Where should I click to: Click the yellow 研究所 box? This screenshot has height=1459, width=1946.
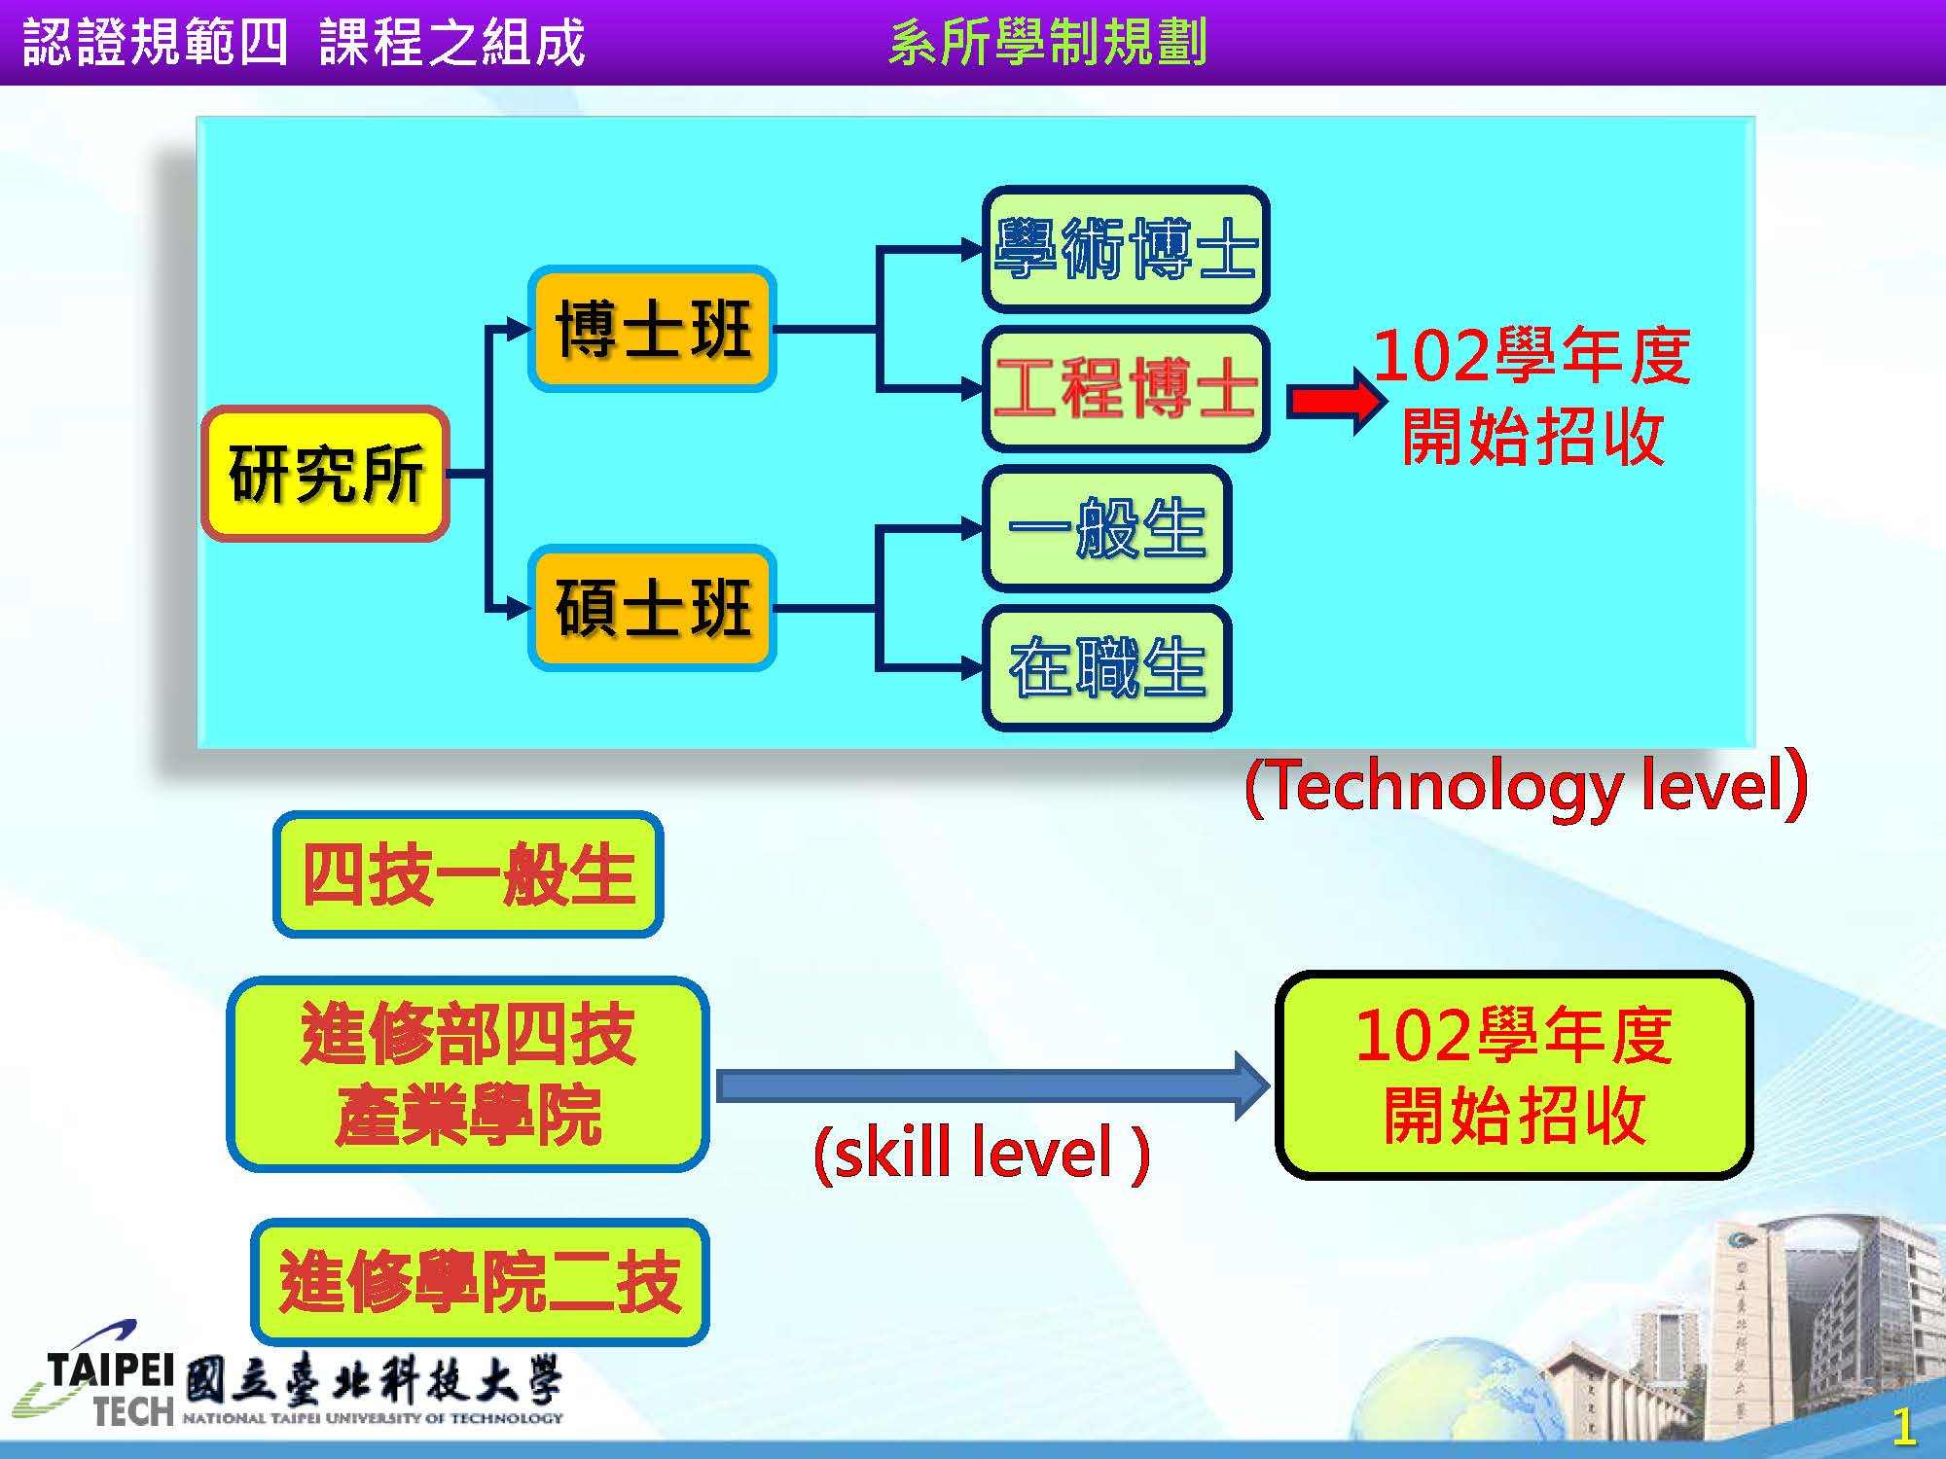coord(325,474)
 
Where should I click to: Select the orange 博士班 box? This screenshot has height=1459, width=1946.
coord(652,329)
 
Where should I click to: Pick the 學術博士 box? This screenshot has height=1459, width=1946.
coord(1126,249)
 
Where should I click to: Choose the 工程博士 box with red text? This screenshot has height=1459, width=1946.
coord(1126,389)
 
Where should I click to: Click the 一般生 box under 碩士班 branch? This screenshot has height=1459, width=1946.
coord(1106,529)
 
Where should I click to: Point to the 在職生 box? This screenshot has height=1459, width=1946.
coord(1106,668)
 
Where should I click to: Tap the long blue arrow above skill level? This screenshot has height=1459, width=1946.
coord(993,1085)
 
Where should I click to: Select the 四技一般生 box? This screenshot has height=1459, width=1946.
coord(468,874)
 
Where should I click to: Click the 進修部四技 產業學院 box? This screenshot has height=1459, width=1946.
coord(468,1075)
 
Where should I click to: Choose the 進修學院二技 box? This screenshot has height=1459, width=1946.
coord(480,1282)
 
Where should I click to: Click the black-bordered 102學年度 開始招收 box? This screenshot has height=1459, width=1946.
coord(1513,1075)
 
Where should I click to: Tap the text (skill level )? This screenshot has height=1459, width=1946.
coord(982,1154)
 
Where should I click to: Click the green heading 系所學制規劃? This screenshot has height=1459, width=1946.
coord(1048,43)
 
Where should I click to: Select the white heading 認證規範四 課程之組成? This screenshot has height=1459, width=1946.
coord(303,43)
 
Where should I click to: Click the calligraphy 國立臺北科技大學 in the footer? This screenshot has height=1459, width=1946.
coord(373,1381)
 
